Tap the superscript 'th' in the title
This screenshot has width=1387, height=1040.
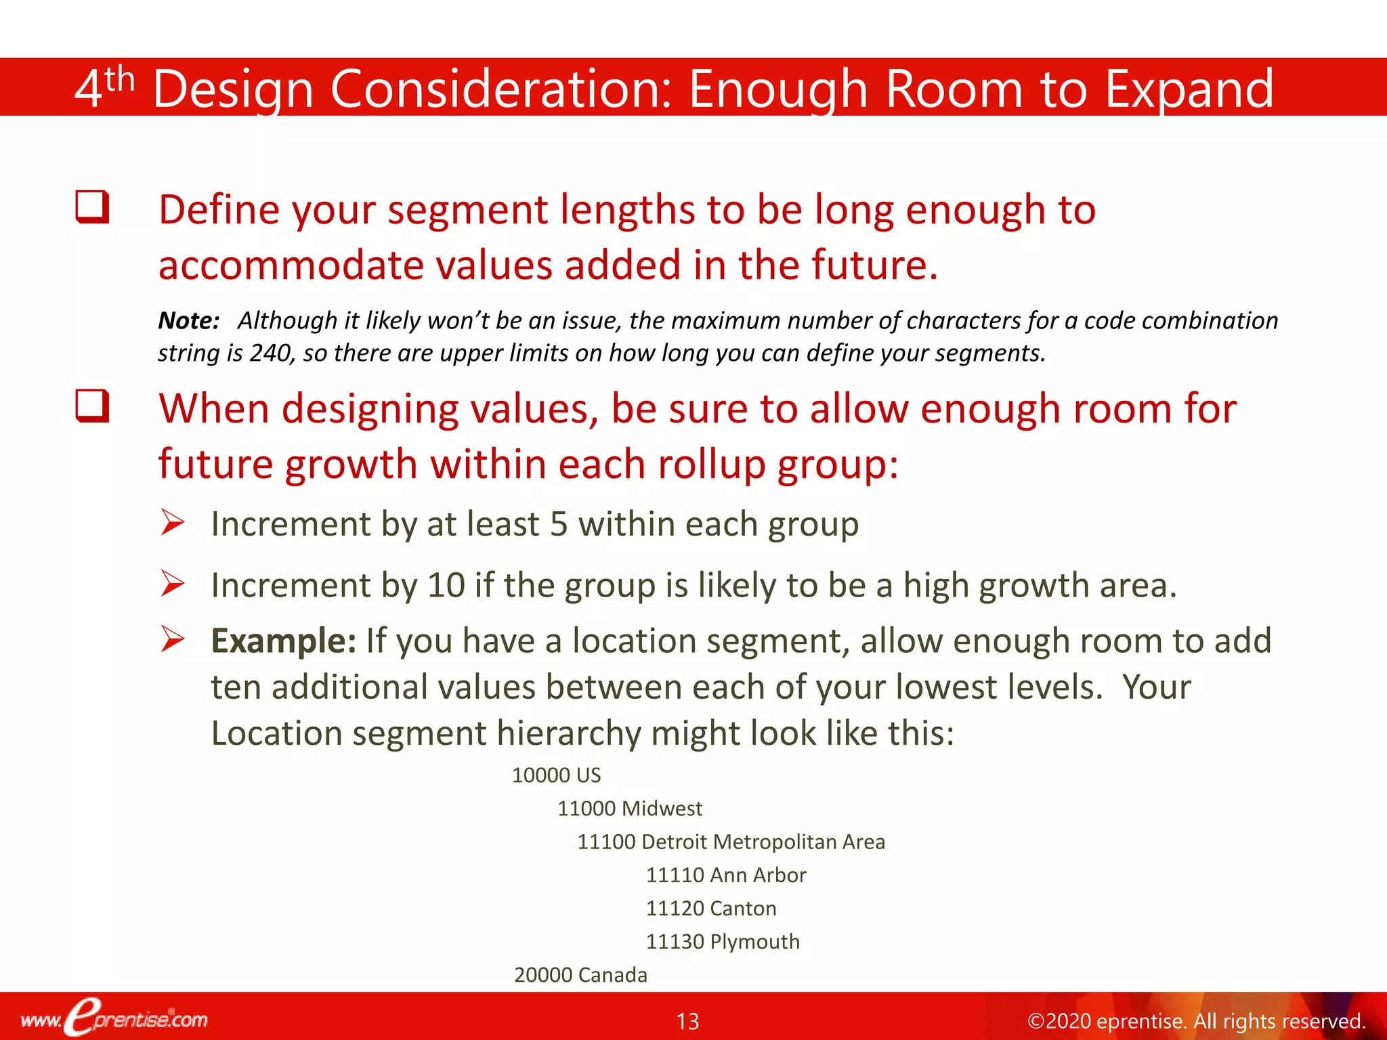click(x=120, y=80)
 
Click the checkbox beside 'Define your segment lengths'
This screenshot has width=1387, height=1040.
click(x=92, y=207)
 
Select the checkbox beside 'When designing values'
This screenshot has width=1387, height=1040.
click(x=92, y=406)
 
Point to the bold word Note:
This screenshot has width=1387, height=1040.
click(x=188, y=320)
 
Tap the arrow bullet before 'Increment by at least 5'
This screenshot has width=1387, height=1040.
click(x=173, y=523)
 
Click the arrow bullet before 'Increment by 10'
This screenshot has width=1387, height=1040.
click(x=173, y=584)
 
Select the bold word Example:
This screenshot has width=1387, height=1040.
click(x=283, y=641)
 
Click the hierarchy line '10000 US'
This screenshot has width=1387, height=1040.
click(x=556, y=775)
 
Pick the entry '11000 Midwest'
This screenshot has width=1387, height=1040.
click(x=629, y=808)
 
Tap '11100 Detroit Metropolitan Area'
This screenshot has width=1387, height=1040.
click(x=731, y=842)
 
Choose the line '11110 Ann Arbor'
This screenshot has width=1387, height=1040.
click(x=725, y=875)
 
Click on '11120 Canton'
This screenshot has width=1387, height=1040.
click(x=710, y=908)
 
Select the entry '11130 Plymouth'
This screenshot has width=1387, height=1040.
click(x=722, y=941)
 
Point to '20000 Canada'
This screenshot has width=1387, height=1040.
click(x=580, y=975)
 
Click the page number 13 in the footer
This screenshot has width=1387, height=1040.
click(x=687, y=1021)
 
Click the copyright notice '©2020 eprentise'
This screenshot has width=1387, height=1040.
click(x=1195, y=1021)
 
